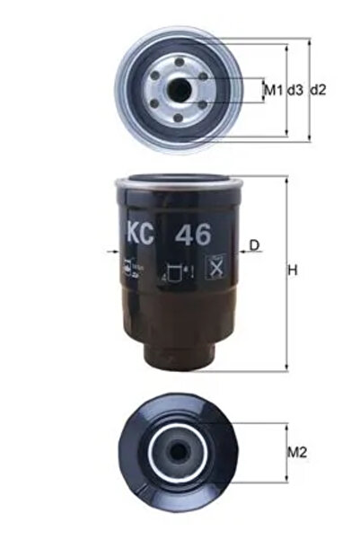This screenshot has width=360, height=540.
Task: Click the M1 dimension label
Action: click(x=272, y=89)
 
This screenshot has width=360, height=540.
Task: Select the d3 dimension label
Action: click(x=294, y=89)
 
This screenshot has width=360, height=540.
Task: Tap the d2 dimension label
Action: click(x=317, y=89)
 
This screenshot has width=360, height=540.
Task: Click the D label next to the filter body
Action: click(x=254, y=244)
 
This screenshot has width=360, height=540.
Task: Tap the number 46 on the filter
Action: click(x=193, y=235)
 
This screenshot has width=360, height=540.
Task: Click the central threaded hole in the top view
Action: click(x=181, y=89)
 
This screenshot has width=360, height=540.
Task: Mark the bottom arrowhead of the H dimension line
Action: click(x=285, y=367)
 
